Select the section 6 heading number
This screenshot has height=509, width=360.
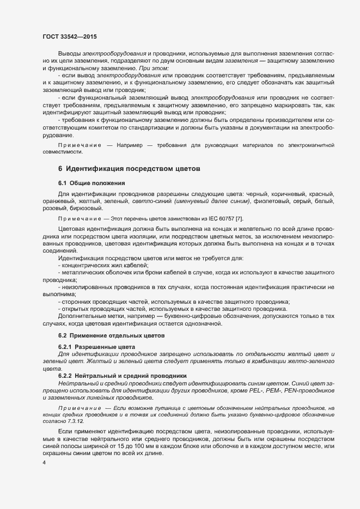60,169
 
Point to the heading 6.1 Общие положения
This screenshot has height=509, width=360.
92,183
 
